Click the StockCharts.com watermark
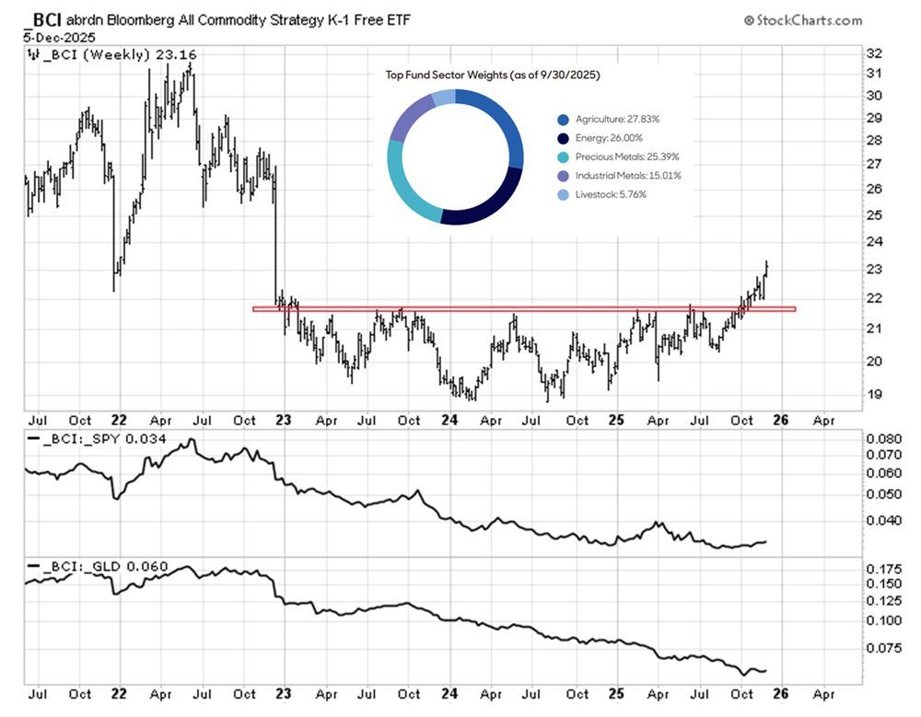point(803,20)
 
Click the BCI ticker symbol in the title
point(47,18)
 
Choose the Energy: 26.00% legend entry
point(609,138)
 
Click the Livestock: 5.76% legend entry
point(611,193)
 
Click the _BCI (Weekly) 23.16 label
point(111,55)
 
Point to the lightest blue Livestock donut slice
point(443,98)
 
